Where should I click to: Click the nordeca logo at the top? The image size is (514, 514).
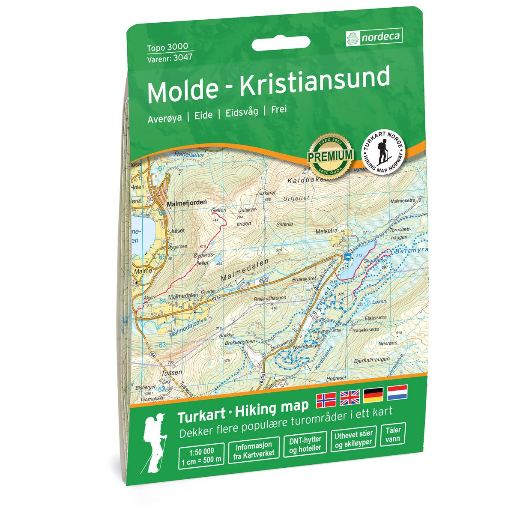click(374, 38)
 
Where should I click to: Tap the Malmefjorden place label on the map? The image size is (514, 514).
click(186, 202)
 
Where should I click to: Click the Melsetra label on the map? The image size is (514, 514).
click(326, 230)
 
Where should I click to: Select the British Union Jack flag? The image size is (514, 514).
click(350, 397)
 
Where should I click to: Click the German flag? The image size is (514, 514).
click(374, 396)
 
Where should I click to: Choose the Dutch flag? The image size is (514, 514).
click(397, 393)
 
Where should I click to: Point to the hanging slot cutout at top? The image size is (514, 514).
click(281, 43)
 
